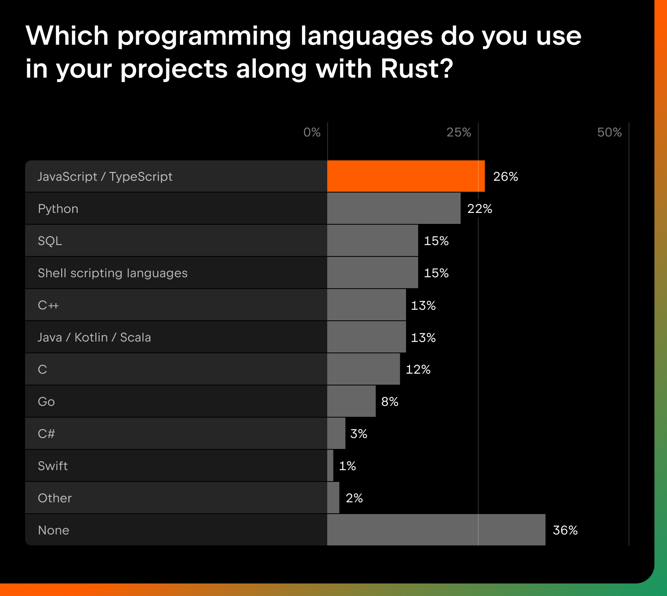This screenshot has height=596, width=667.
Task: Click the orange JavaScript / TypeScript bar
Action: (x=406, y=176)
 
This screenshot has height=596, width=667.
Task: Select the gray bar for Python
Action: (x=394, y=208)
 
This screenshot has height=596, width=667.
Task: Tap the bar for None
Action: (x=436, y=530)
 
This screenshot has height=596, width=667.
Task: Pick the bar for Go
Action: (x=351, y=401)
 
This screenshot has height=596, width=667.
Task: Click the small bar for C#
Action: (x=336, y=433)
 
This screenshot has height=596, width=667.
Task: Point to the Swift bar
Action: (x=330, y=465)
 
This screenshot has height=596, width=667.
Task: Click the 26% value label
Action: (x=505, y=176)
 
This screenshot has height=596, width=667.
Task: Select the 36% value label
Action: (x=565, y=530)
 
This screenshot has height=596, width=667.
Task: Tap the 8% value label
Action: (x=390, y=402)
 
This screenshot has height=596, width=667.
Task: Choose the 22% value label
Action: (x=479, y=209)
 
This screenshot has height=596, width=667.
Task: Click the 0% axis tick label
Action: (x=312, y=132)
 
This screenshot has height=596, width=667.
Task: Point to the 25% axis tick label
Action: (x=459, y=132)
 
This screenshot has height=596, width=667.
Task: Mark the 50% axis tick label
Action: (x=609, y=132)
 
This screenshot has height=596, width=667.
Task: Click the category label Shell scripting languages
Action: (x=113, y=273)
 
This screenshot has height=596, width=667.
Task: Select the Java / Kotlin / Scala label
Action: (x=94, y=337)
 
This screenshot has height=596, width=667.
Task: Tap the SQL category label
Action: (x=50, y=241)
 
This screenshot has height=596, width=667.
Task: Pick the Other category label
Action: (x=55, y=498)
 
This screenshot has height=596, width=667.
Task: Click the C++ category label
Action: (x=48, y=305)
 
